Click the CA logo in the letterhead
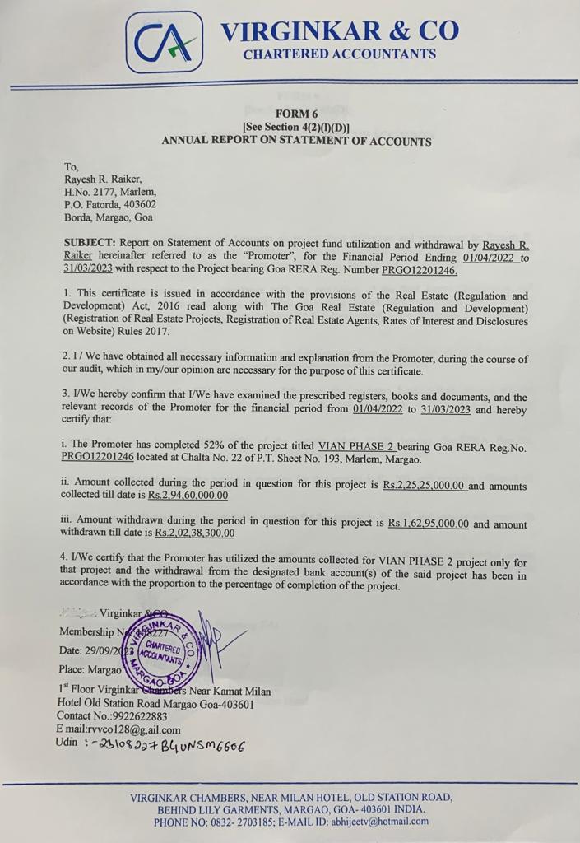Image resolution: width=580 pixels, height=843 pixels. tap(165, 42)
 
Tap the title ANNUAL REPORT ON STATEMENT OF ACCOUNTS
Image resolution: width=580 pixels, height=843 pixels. tap(296, 141)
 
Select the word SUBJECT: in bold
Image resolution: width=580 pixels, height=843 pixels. tap(90, 244)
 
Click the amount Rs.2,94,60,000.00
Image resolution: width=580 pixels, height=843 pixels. tap(188, 496)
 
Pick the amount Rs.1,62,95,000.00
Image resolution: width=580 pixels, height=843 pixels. tap(429, 523)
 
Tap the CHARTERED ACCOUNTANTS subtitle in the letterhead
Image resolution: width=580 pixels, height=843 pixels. tap(339, 54)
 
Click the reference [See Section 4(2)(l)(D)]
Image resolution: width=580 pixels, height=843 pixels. tap(296, 128)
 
